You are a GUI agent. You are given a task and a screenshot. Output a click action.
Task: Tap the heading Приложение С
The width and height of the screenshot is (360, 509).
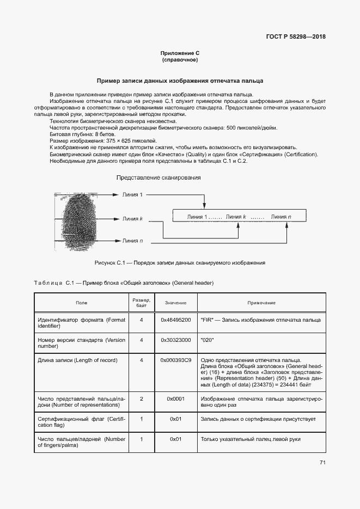coord(180,53)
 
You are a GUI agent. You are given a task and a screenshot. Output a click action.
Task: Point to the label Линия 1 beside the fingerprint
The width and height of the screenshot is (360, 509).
coord(133,194)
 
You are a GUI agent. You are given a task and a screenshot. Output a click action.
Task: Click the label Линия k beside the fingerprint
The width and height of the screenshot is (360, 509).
coord(133,219)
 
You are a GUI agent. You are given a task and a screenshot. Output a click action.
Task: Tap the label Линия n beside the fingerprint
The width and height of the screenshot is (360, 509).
coord(133,240)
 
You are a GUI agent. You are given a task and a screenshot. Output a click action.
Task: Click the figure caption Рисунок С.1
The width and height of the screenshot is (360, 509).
coord(180,262)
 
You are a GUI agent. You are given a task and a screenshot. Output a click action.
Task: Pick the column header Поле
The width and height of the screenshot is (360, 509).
coord(81,303)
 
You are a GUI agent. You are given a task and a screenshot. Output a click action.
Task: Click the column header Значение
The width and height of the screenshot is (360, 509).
coord(176,303)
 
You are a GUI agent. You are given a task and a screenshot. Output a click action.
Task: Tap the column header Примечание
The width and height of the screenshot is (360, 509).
coord(261,303)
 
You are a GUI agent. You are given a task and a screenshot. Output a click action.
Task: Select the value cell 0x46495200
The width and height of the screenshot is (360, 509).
coord(176,320)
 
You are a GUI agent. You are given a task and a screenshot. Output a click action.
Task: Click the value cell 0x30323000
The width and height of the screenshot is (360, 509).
coord(176,340)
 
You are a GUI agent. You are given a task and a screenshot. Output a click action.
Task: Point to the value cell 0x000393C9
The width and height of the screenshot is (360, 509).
coord(176,360)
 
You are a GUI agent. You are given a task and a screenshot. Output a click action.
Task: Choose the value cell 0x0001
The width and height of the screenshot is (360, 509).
coord(176,398)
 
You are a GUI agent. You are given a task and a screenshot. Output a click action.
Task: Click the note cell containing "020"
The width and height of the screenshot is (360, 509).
coord(208,340)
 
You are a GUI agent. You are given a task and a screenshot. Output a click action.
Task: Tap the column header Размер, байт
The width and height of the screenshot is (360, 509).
coord(142,303)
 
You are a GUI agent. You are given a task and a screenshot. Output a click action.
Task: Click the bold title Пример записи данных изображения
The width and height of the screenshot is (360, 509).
coord(180,81)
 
